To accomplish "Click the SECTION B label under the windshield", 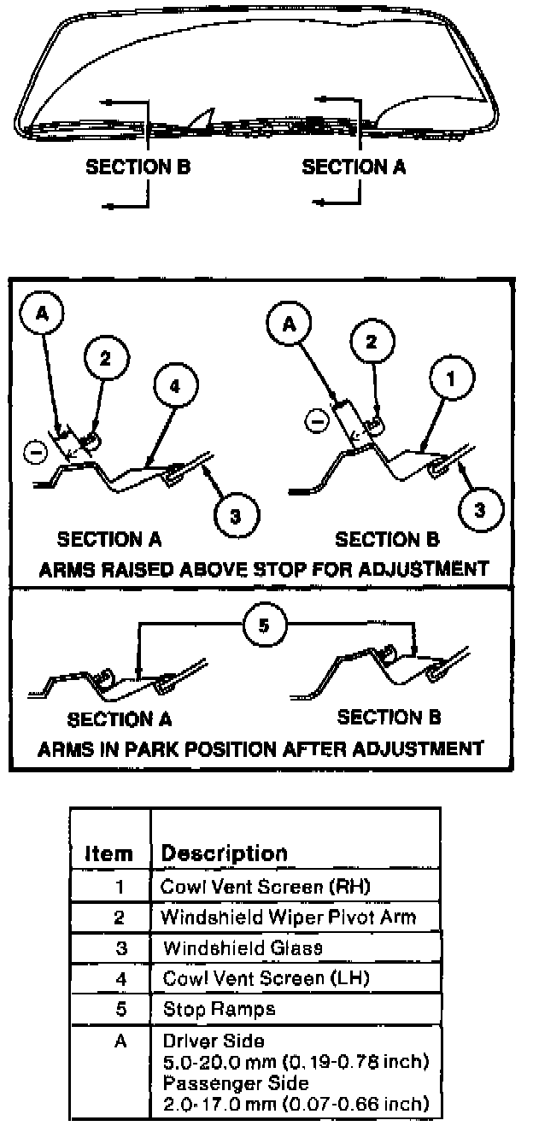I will tap(138, 167).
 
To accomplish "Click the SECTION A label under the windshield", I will tap(354, 167).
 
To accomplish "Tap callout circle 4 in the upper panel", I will tap(175, 385).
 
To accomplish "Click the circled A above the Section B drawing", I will tap(287, 324).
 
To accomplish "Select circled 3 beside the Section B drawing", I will tap(479, 509).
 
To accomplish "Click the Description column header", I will tap(225, 853).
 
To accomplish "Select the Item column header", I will tap(109, 853).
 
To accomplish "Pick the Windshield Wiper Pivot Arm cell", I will tap(289, 918).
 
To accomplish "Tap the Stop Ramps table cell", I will tap(219, 1009).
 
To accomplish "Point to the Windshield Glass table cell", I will tap(243, 947).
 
